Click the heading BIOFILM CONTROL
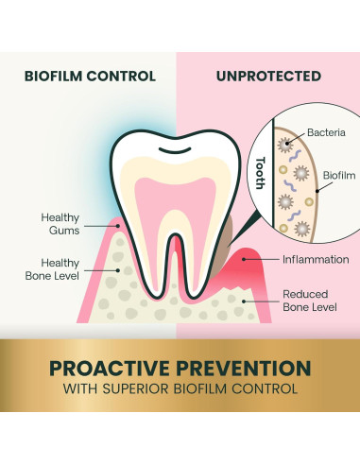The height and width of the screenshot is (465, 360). tap(90, 77)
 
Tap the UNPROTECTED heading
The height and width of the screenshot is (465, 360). tap(268, 77)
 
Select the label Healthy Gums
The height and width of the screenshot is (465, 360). tap(60, 224)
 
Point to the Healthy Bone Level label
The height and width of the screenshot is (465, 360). tap(52, 269)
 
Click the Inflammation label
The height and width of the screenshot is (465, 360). tap(316, 260)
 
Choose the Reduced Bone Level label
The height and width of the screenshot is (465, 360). tap(310, 301)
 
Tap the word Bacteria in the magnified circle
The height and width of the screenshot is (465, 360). tap(326, 132)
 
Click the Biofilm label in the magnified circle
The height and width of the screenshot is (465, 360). tap(339, 176)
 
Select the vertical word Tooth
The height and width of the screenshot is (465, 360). tap(261, 173)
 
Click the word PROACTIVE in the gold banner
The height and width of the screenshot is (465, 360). tap(109, 369)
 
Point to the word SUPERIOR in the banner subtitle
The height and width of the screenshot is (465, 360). tap(136, 388)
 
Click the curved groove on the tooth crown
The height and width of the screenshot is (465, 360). tap(175, 150)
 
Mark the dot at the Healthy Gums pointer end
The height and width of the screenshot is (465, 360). tap(118, 226)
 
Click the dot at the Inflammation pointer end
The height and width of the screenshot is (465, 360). tap(244, 259)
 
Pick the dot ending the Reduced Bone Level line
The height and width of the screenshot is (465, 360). tap(244, 301)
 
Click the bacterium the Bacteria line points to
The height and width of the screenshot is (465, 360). tap(285, 145)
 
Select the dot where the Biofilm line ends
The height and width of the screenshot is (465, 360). tap(317, 191)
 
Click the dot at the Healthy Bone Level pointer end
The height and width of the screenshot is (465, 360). tap(118, 270)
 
